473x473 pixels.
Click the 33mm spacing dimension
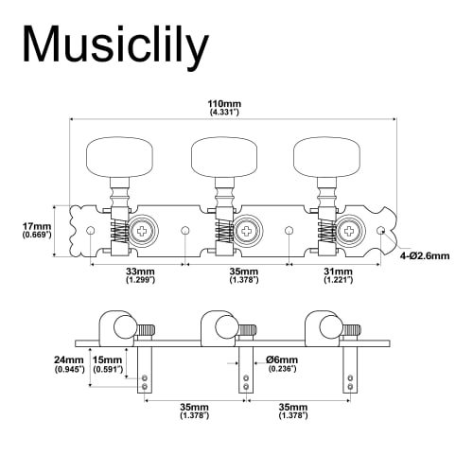pyautogui.click(x=139, y=276)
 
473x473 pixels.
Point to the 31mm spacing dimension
pyautogui.click(x=338, y=276)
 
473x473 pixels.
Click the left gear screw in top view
pyautogui.click(x=142, y=230)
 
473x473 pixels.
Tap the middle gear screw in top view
pyautogui.click(x=246, y=230)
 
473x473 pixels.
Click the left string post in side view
pyautogui.click(x=144, y=369)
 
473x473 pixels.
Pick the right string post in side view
pyautogui.click(x=349, y=369)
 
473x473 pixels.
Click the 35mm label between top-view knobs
pyautogui.click(x=237, y=276)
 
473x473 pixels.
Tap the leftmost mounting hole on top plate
pyautogui.click(x=91, y=230)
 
